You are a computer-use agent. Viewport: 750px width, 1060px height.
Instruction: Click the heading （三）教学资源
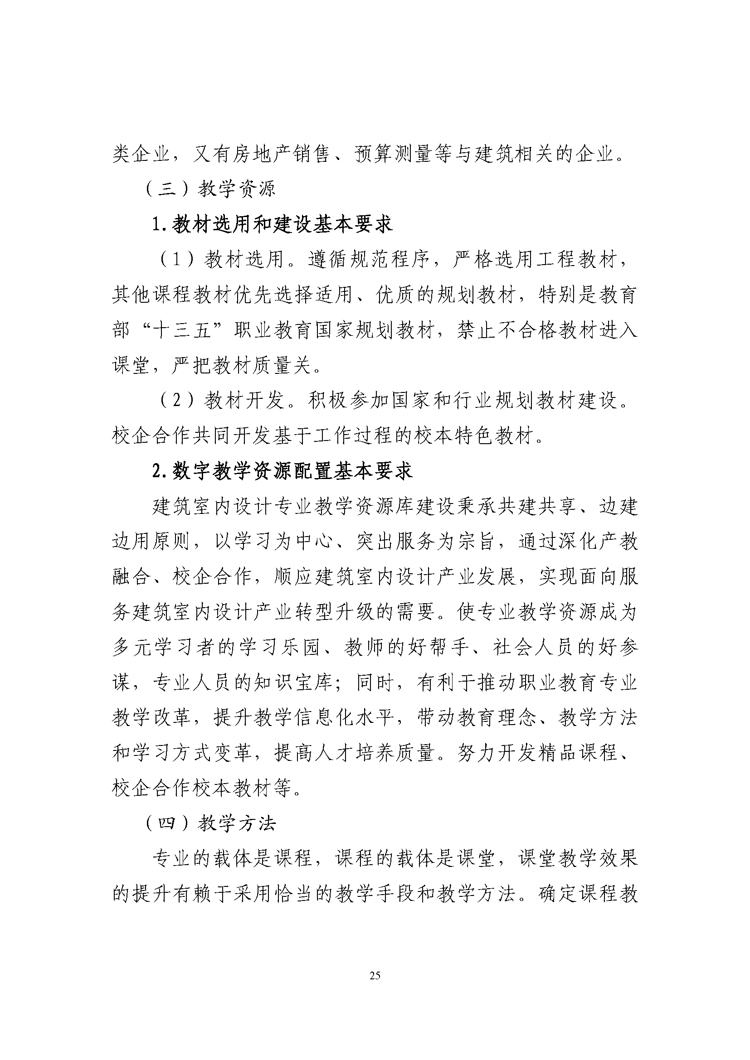(210, 189)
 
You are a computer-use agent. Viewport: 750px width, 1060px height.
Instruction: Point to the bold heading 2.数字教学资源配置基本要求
(282, 471)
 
